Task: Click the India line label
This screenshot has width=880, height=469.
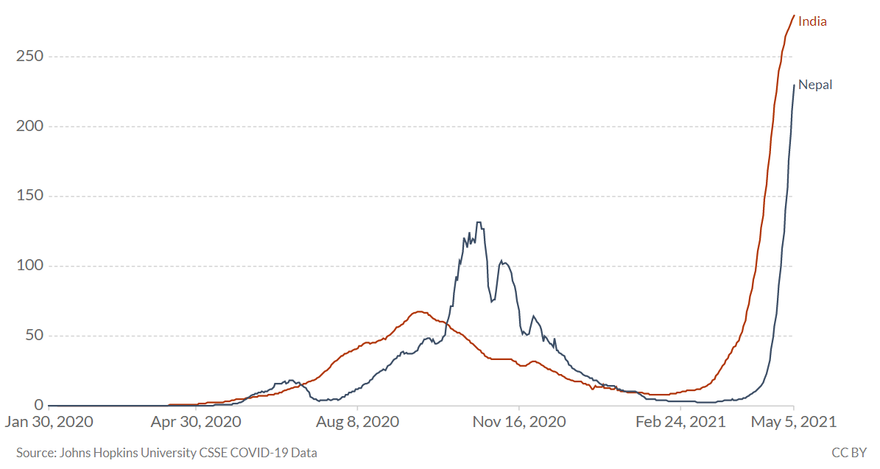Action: point(812,21)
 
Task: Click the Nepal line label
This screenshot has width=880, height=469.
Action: point(815,85)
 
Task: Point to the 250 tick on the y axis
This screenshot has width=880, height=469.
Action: point(29,57)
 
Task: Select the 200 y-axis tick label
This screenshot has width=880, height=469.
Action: point(29,127)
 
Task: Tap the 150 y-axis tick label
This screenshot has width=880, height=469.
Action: point(29,197)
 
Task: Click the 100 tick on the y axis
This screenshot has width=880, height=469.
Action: point(29,266)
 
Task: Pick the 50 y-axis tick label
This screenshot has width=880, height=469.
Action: point(33,336)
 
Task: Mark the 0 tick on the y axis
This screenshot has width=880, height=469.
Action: point(38,405)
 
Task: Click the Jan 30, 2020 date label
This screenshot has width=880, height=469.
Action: point(49,422)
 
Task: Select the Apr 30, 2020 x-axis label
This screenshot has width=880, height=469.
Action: point(196,422)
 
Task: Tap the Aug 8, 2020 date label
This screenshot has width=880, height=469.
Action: point(357,422)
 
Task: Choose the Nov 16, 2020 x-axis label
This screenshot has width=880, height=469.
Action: point(519,422)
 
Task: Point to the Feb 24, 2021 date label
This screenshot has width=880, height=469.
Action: point(680,422)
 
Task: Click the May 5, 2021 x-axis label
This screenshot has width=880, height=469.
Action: point(793,422)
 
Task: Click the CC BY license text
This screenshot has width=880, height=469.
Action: point(849,453)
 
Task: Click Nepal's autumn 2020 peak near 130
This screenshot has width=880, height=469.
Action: point(479,222)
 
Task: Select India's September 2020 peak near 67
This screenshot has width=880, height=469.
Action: point(418,311)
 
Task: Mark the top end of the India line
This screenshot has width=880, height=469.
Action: point(794,15)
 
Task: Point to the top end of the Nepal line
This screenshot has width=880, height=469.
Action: point(794,85)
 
